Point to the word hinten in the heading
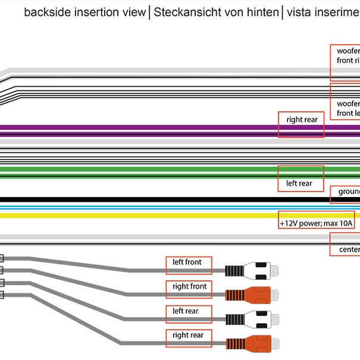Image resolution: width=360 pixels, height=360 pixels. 261,12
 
